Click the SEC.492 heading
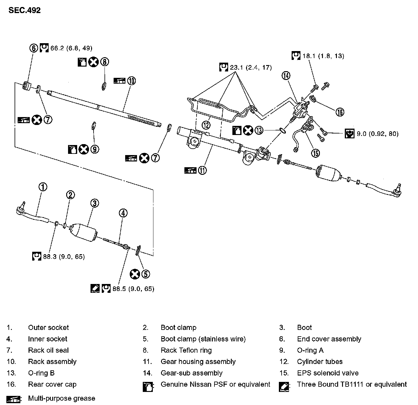pyautogui.click(x=24, y=10)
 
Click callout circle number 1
pyautogui.click(x=43, y=187)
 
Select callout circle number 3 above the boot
pyautogui.click(x=94, y=203)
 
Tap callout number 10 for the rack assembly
pyautogui.click(x=131, y=81)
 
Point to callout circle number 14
pyautogui.click(x=286, y=75)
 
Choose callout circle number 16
pyautogui.click(x=340, y=112)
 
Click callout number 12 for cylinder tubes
pyautogui.click(x=207, y=125)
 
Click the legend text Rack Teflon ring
pyautogui.click(x=186, y=350)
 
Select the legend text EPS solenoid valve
pyautogui.click(x=327, y=373)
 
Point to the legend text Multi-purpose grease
pyautogui.click(x=61, y=398)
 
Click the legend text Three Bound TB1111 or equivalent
pyautogui.click(x=351, y=384)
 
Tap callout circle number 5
pyautogui.click(x=146, y=274)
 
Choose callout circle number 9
pyautogui.click(x=94, y=149)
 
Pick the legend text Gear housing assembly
pyautogui.click(x=198, y=362)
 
